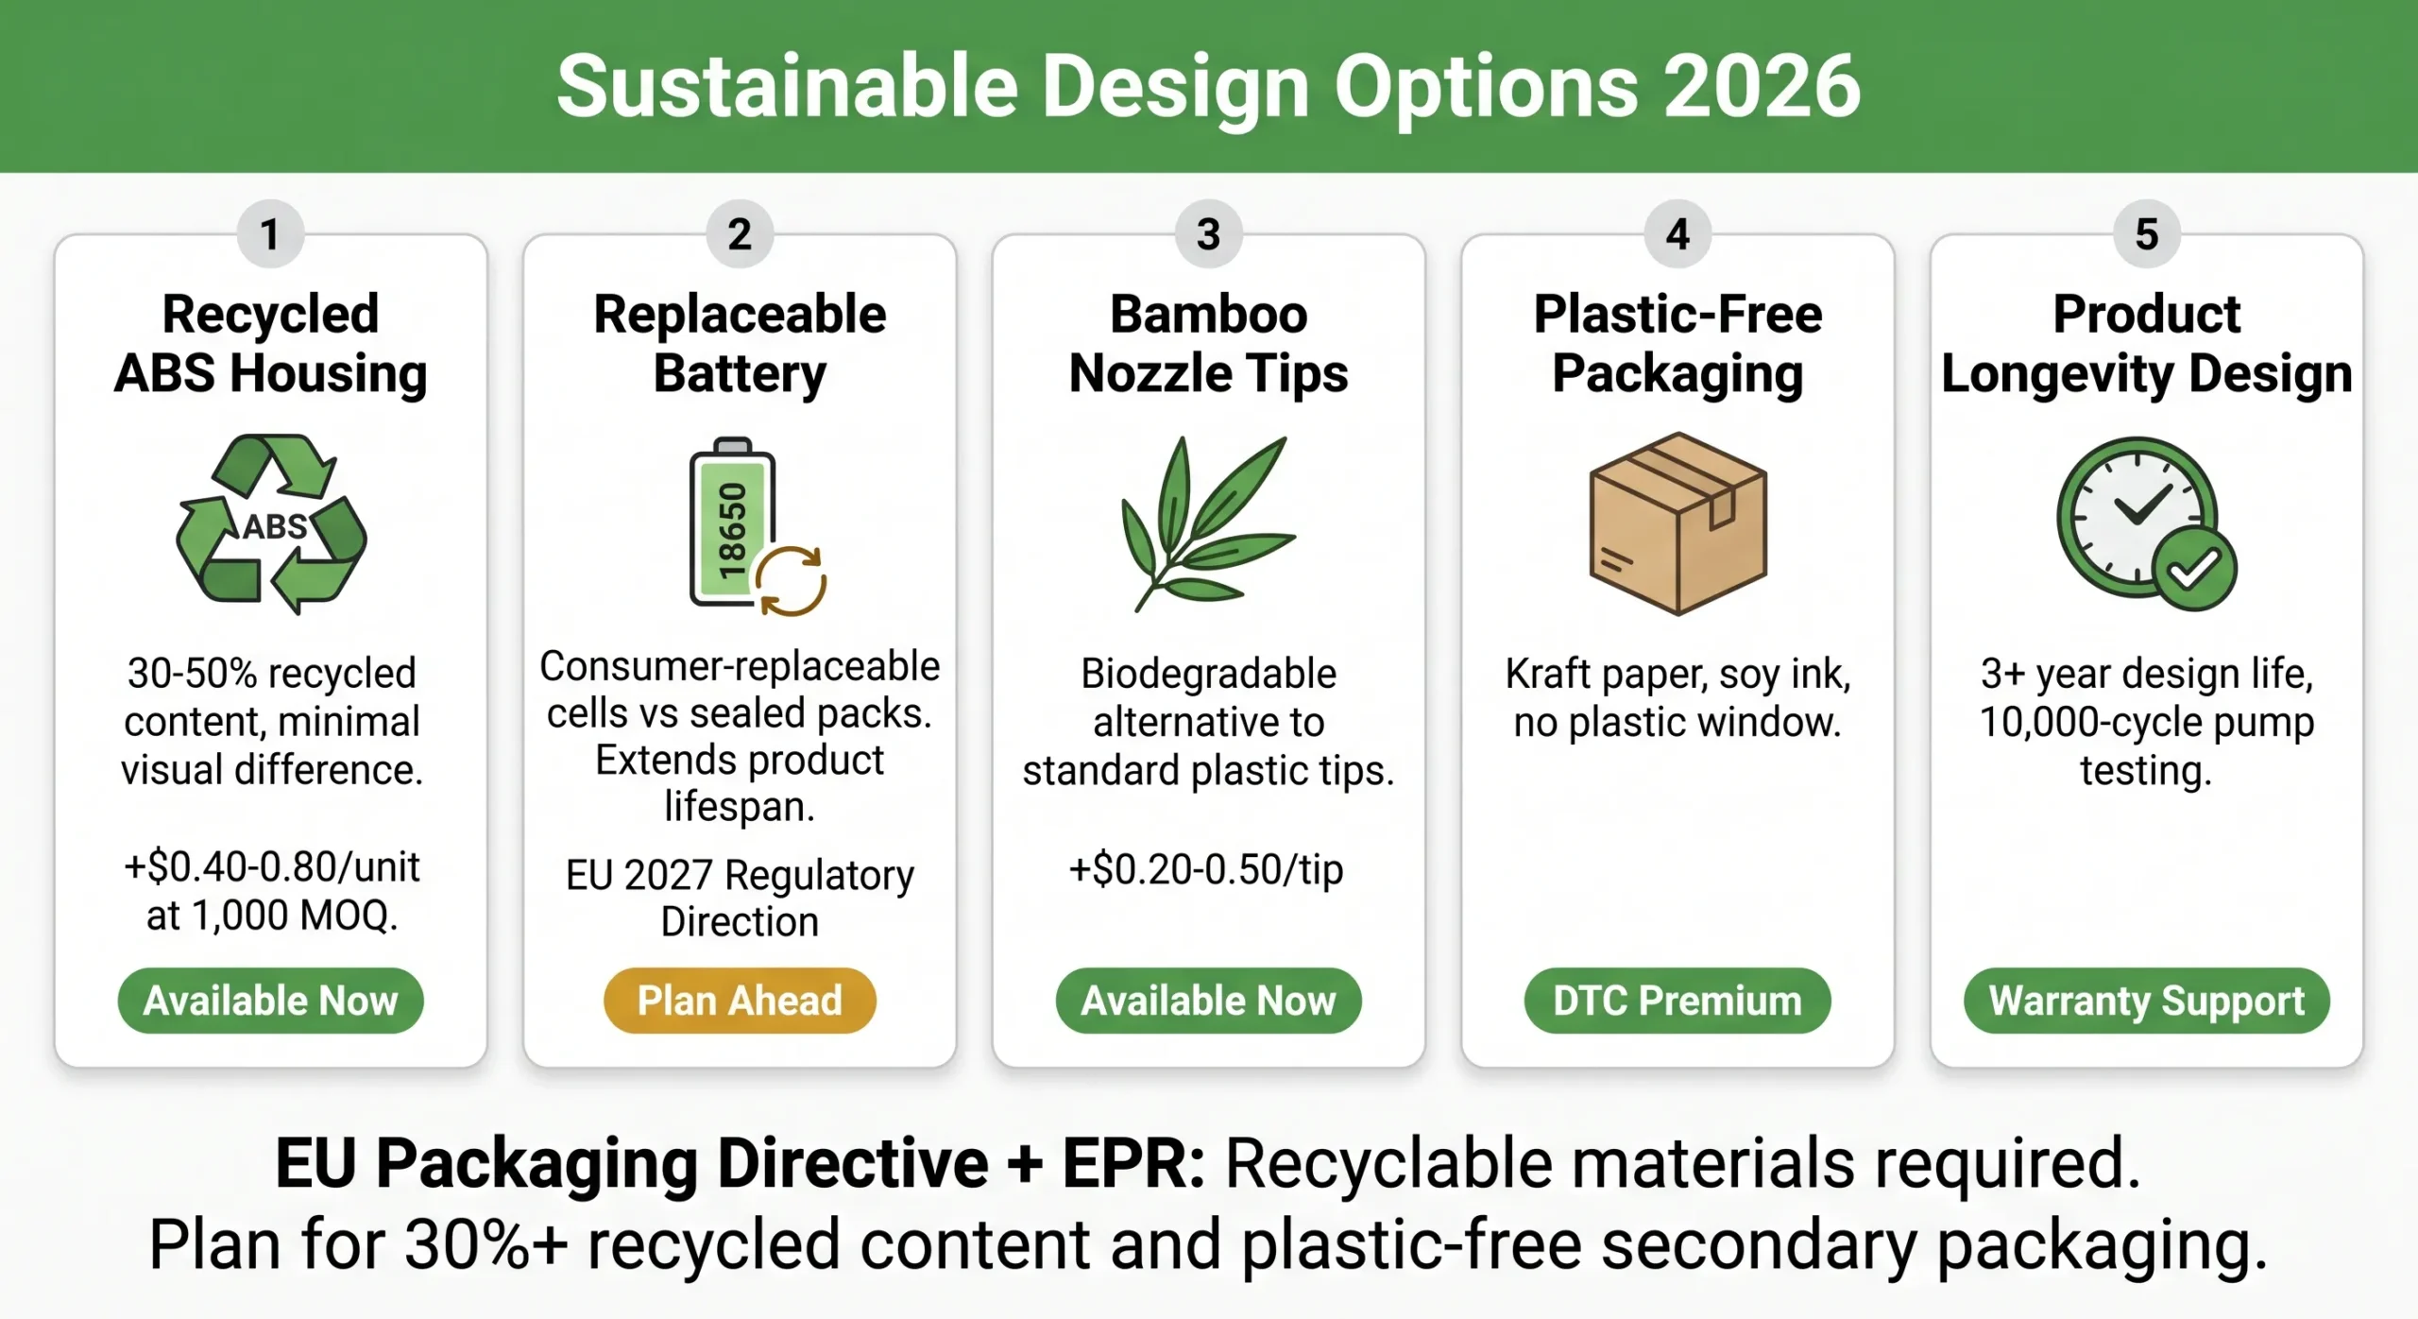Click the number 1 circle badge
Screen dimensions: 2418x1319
270,233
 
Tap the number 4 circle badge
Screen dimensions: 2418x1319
1677,233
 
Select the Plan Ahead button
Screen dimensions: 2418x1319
740,1000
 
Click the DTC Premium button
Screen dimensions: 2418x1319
1677,1000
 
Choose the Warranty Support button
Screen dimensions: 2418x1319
2146,1000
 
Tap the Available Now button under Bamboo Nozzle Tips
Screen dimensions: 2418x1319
1208,1000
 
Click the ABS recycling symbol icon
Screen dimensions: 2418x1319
271,523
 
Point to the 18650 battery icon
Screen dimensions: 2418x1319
732,522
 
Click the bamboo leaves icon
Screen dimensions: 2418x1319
1208,523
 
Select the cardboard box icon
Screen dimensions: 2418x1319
1677,523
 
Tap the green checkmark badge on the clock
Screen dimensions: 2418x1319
2193,569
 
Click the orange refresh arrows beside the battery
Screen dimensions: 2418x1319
791,581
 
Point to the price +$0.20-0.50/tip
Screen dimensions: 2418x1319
1206,868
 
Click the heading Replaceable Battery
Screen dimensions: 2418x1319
740,343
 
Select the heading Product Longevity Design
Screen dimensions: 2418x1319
2146,343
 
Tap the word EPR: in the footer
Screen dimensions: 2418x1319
1133,1162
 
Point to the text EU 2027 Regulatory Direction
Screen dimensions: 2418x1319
740,898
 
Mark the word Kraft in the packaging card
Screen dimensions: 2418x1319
1548,674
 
